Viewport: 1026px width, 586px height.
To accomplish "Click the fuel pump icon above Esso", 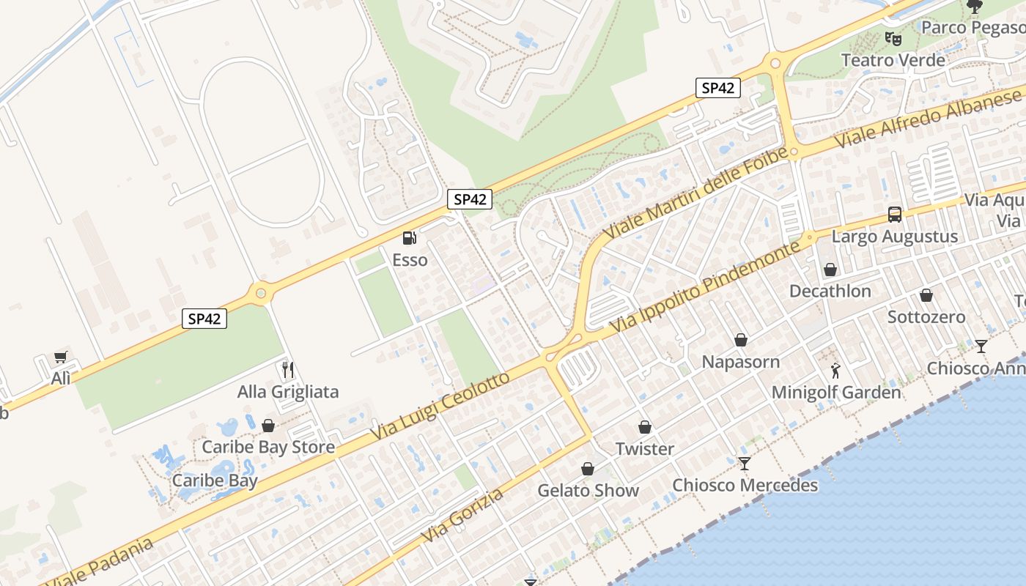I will [x=410, y=238].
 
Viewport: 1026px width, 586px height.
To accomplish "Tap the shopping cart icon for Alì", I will [x=61, y=357].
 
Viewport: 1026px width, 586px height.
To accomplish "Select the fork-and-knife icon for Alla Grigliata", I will [x=288, y=370].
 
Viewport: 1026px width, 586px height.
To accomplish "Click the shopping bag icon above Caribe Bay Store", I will [x=268, y=426].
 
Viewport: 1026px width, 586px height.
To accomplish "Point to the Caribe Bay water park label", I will [x=215, y=481].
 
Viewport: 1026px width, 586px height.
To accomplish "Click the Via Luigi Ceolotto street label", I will [x=440, y=407].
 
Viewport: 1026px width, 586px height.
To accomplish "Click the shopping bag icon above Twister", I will [x=645, y=427].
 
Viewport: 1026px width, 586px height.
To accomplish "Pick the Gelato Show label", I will [x=588, y=490].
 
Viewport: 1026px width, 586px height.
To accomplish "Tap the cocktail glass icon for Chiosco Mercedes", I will [x=745, y=464].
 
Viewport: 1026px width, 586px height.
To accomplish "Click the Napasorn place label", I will [x=741, y=362].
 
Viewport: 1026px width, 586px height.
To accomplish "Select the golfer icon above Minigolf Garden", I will [x=835, y=371].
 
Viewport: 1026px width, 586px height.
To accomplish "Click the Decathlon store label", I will [x=830, y=291].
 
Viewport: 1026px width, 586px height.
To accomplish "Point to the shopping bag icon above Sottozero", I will [x=926, y=296].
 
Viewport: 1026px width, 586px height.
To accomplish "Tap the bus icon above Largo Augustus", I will [x=895, y=215].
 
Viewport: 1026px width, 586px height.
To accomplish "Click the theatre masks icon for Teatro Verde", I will [x=893, y=38].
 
